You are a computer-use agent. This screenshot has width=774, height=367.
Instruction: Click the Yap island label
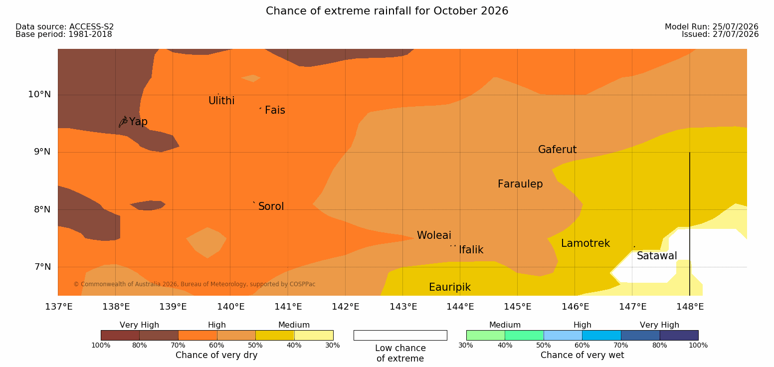[138, 122]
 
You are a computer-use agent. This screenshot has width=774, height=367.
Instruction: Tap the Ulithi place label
[221, 101]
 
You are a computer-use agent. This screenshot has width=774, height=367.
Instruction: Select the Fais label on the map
[275, 110]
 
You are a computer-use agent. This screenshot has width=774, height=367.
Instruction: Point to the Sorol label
[271, 206]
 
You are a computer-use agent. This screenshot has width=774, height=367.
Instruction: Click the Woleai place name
[434, 235]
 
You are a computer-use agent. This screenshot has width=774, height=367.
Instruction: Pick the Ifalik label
[471, 249]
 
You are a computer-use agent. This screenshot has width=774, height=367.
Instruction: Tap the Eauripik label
[450, 287]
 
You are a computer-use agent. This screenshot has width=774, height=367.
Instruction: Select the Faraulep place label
[520, 184]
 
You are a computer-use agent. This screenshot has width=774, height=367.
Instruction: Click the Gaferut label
[558, 149]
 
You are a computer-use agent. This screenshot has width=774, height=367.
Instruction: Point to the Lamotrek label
[585, 243]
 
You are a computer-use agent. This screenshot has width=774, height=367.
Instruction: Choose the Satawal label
[657, 256]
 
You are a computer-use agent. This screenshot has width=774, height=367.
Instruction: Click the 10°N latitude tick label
[39, 94]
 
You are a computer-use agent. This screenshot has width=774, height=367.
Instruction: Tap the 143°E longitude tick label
[403, 307]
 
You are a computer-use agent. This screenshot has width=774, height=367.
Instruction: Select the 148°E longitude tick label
[690, 307]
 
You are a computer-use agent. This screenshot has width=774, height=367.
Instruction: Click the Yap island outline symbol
[123, 122]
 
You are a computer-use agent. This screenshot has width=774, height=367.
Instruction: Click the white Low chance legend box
[400, 335]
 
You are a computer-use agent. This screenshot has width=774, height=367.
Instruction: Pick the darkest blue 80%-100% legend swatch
[679, 335]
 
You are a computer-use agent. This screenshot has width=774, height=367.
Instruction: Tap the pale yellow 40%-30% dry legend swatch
[314, 335]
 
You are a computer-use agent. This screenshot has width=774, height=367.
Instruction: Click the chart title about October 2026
[387, 10]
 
